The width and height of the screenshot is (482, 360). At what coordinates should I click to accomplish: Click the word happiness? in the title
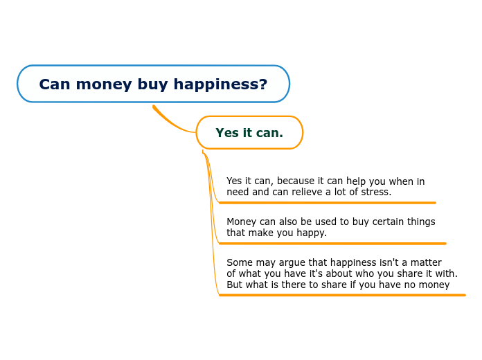220,84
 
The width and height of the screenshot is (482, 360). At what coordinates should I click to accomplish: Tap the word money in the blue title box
104,85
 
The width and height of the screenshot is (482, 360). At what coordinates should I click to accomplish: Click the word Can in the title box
55,84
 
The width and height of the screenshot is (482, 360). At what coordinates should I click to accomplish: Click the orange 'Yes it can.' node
249,132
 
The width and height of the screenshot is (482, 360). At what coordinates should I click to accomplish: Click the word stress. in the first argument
376,192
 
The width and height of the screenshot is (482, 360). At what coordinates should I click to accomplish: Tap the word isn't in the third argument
389,262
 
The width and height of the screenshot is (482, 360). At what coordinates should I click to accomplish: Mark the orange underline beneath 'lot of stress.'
328,203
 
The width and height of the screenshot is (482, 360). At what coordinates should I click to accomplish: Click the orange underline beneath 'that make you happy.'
332,244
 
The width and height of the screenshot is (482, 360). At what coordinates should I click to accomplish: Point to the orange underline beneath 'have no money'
342,295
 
